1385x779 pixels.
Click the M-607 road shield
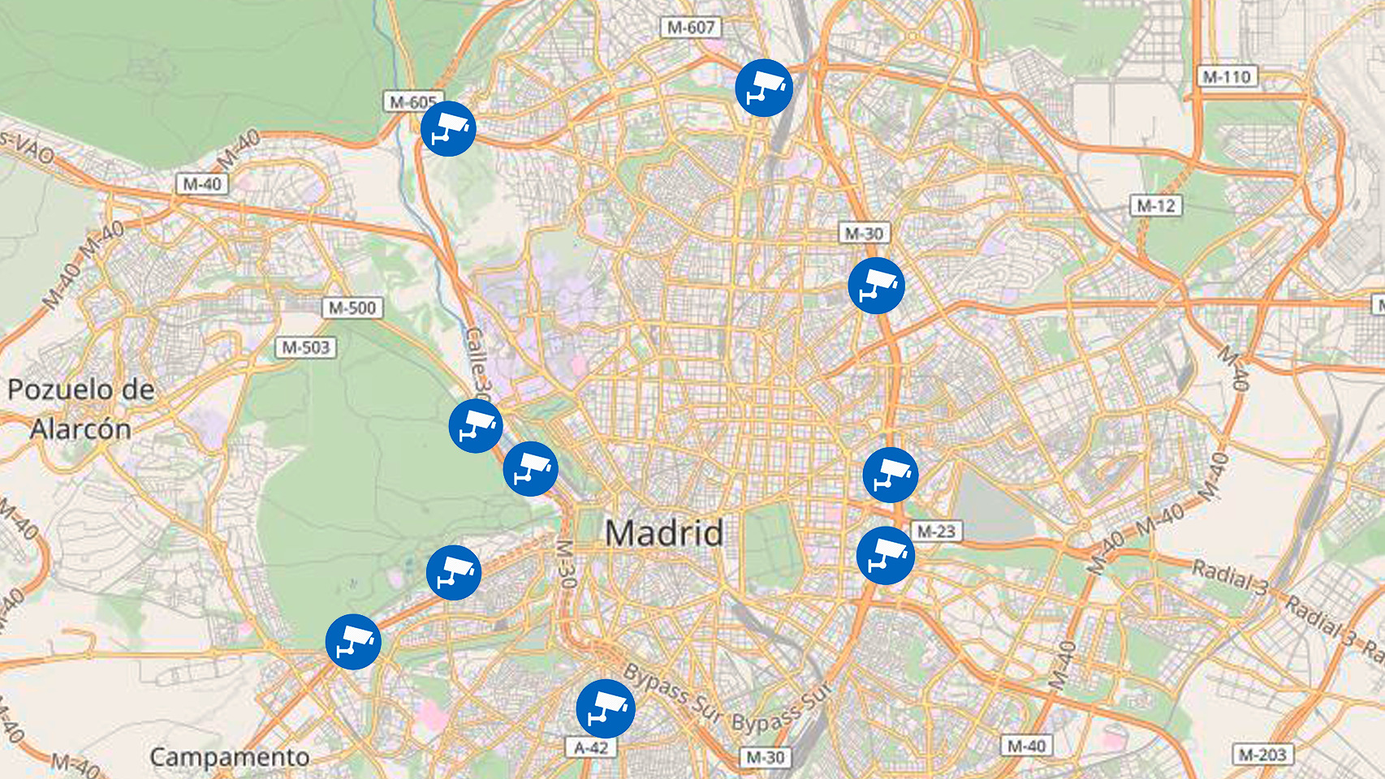click(691, 28)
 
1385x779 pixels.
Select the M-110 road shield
click(1227, 77)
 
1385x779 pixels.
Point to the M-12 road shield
click(1156, 206)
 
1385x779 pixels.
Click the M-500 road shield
click(352, 308)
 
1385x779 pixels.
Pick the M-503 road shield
click(306, 348)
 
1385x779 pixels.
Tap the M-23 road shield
click(936, 532)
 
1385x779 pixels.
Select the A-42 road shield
click(591, 747)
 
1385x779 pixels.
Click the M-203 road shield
click(1262, 755)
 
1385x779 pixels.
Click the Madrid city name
click(664, 533)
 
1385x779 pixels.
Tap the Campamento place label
click(230, 757)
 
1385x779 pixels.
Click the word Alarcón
click(80, 428)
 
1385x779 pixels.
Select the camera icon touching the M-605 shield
click(448, 128)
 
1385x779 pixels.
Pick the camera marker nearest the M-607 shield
click(763, 87)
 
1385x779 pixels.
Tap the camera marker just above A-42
click(605, 708)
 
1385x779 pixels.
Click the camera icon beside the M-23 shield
click(885, 556)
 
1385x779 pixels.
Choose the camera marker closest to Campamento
click(353, 642)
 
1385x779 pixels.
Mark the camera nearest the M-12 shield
click(876, 286)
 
